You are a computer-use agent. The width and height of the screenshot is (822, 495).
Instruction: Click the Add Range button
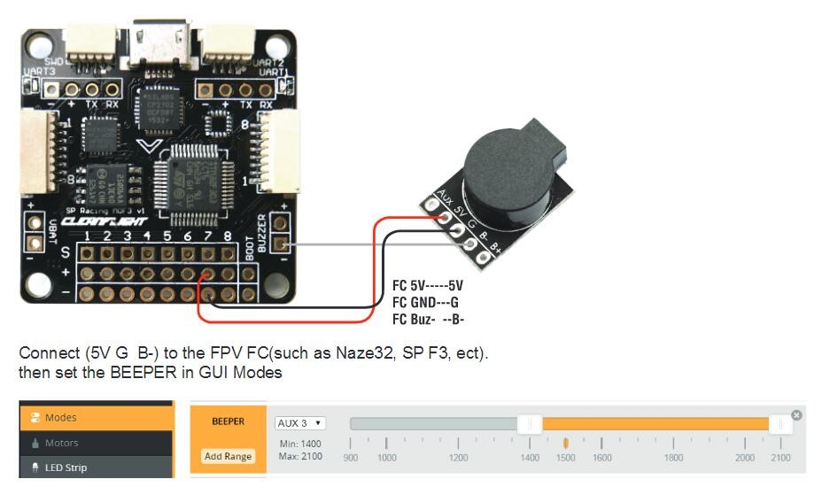(x=229, y=456)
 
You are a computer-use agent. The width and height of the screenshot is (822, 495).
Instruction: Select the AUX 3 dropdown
(x=300, y=423)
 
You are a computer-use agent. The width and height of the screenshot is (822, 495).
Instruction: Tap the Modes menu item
(x=60, y=417)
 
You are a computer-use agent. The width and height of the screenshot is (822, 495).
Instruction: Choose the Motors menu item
(x=61, y=443)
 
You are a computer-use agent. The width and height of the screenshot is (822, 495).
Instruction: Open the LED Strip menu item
(x=66, y=467)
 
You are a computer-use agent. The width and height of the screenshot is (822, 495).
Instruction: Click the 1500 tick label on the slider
(x=565, y=458)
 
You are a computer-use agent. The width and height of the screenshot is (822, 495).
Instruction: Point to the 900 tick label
(x=351, y=458)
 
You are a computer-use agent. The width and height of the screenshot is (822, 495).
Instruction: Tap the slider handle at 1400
(x=530, y=424)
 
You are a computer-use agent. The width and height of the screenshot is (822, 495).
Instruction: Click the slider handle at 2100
(x=780, y=424)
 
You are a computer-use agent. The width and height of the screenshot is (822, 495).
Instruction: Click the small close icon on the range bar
(x=796, y=414)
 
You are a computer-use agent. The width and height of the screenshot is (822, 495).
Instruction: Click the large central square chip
(x=194, y=178)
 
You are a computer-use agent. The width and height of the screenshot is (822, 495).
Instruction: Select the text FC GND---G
(x=424, y=302)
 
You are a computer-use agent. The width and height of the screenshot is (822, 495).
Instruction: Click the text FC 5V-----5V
(x=427, y=286)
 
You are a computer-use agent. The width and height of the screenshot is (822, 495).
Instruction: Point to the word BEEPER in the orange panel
(x=228, y=422)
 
